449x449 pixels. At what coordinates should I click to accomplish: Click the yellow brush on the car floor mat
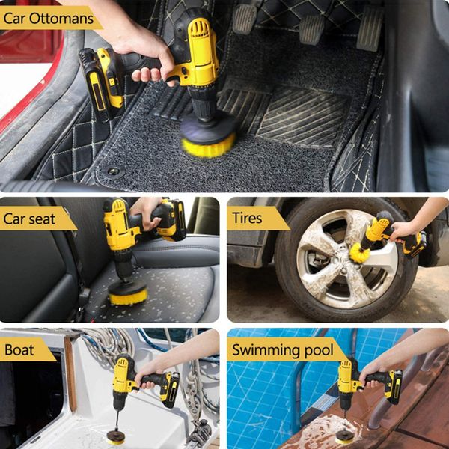coord(208,144)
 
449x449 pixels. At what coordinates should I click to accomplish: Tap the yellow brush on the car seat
coord(128,295)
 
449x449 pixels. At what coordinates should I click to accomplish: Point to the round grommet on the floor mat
coord(114,171)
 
